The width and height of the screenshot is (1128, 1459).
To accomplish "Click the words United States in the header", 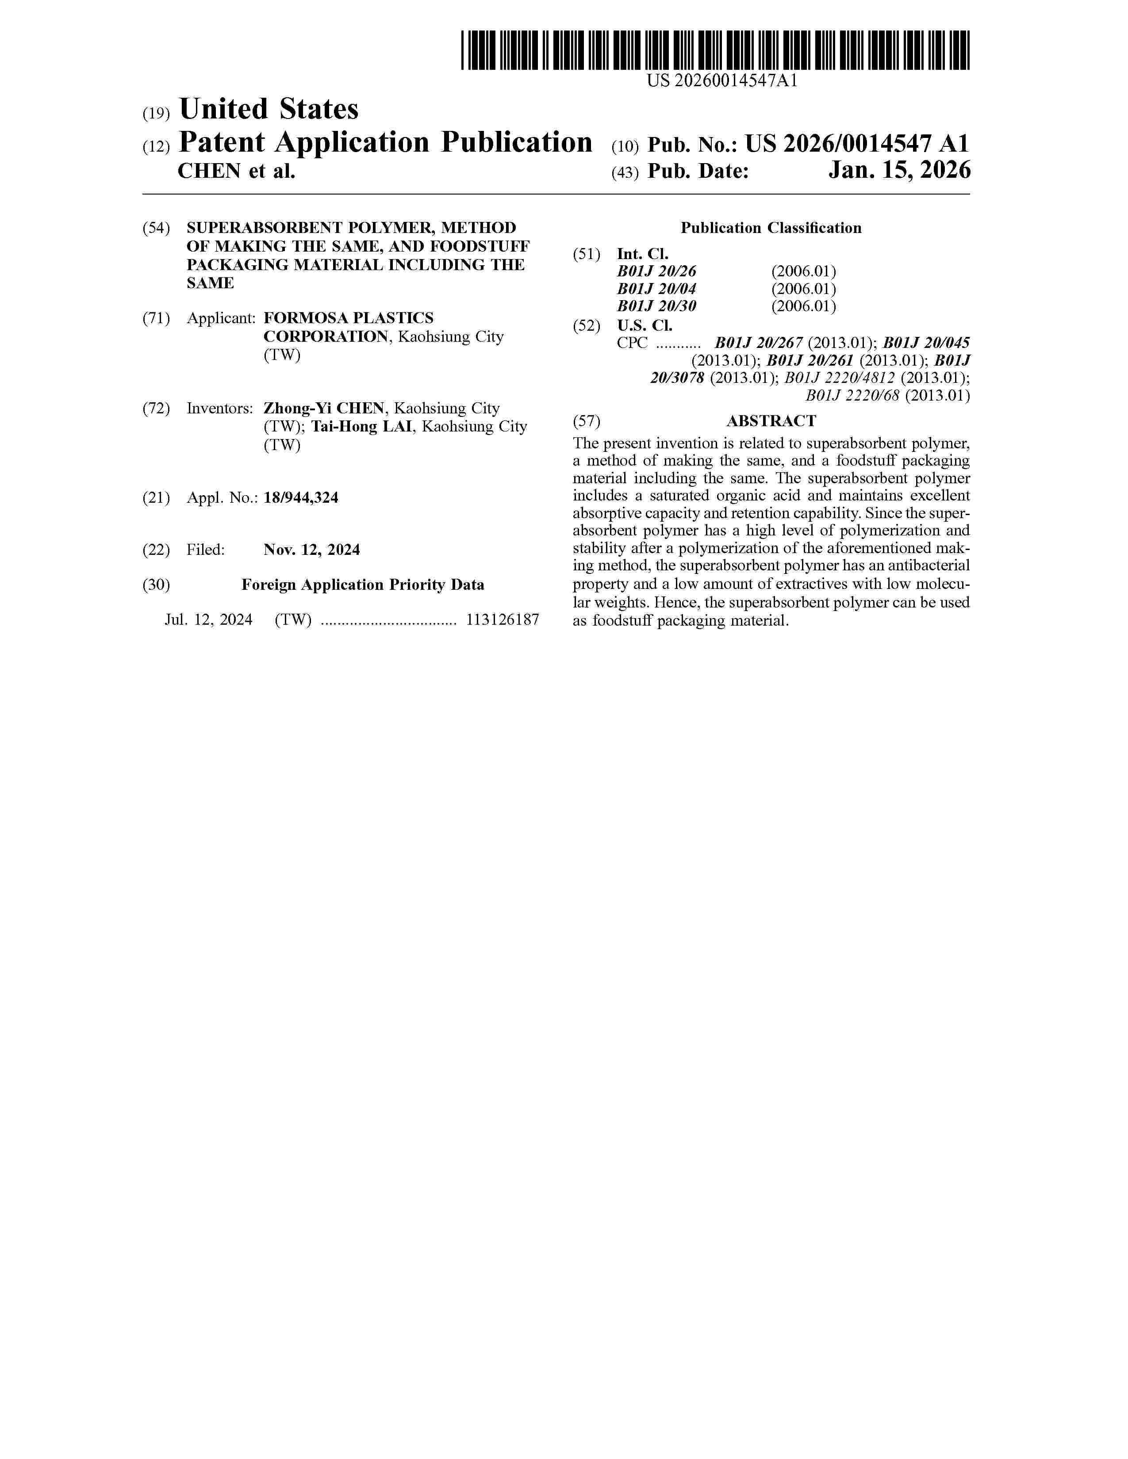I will (269, 109).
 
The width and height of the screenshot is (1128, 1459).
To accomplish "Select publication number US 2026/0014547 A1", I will (857, 144).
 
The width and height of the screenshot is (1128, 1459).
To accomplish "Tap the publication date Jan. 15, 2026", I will (899, 171).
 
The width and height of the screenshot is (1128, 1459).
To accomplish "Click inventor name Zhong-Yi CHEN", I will (324, 408).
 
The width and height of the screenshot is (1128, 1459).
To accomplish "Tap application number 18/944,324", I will (301, 498).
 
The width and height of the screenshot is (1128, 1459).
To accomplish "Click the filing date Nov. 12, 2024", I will (311, 550).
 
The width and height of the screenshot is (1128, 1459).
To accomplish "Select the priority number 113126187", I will (502, 620).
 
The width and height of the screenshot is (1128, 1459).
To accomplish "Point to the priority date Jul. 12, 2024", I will (208, 620).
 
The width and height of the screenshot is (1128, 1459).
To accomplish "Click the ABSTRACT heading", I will (771, 421).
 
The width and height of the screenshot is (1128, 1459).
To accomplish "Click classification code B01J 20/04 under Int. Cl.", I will (656, 289).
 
